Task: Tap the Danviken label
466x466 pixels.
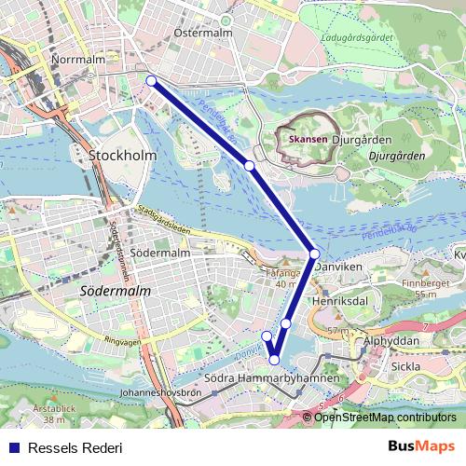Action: tap(344, 267)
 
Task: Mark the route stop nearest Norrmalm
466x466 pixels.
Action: tap(151, 81)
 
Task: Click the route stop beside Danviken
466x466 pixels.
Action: tap(315, 254)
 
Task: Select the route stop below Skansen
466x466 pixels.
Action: tap(250, 165)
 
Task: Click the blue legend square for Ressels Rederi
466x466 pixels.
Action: tap(13, 447)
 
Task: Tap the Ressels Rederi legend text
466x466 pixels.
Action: tap(75, 447)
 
